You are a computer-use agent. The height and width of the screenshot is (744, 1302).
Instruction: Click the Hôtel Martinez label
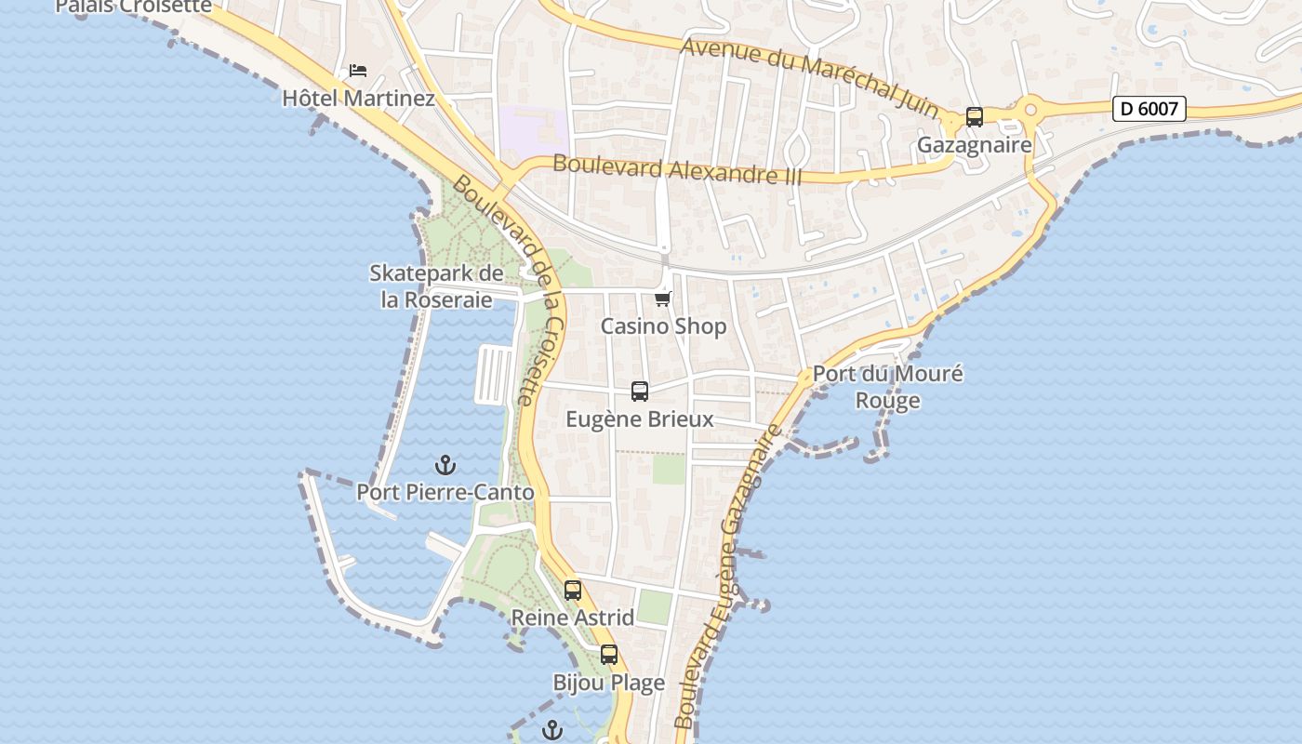[x=358, y=98]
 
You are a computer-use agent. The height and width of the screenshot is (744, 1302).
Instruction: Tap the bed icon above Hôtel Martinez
[x=358, y=71]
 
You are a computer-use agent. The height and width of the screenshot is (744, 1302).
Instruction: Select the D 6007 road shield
[x=1149, y=109]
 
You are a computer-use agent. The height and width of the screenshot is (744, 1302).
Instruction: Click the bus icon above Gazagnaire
[x=975, y=117]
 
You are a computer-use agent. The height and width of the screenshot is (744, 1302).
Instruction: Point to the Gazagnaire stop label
[x=975, y=145]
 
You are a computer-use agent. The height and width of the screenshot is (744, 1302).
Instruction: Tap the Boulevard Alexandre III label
[x=677, y=170]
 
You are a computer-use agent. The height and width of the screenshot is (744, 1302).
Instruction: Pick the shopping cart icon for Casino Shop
[x=663, y=299]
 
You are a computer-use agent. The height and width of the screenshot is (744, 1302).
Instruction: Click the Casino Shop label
[x=663, y=326]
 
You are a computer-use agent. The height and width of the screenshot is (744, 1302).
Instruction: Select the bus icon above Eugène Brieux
[x=640, y=392]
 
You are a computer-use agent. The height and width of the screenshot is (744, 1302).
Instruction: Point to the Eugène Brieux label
[x=640, y=419]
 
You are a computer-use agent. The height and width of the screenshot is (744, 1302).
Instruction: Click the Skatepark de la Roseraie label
[x=436, y=286]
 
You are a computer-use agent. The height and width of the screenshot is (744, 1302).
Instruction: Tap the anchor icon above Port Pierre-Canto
[x=445, y=465]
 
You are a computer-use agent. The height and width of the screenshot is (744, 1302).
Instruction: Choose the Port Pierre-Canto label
[x=445, y=493]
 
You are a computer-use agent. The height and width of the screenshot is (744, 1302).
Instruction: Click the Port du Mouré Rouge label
[x=888, y=387]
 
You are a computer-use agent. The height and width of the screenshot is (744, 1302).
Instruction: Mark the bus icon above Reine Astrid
[x=573, y=591]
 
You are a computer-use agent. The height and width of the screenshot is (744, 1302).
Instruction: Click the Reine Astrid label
[x=573, y=618]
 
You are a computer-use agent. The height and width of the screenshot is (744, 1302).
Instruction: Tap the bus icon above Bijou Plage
[x=609, y=655]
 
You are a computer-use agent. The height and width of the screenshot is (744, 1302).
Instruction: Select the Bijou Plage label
[x=609, y=683]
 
